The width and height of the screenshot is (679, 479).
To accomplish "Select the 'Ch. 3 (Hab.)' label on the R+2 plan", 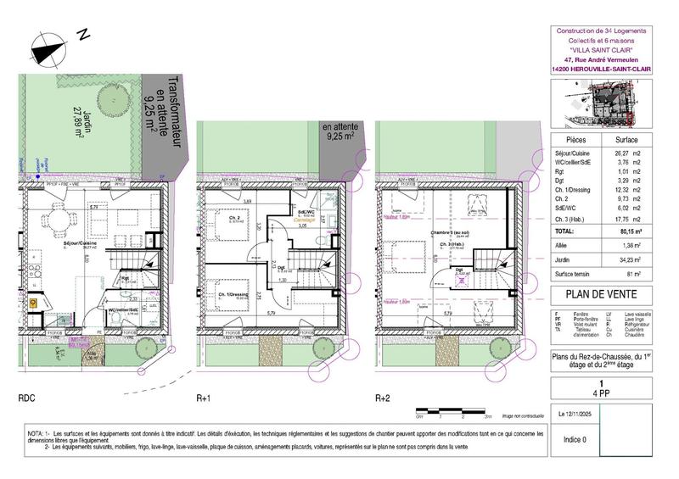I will (450, 245).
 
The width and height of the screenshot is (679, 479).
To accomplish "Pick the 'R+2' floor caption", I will (384, 397).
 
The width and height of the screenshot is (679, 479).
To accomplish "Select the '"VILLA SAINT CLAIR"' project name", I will (605, 49).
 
